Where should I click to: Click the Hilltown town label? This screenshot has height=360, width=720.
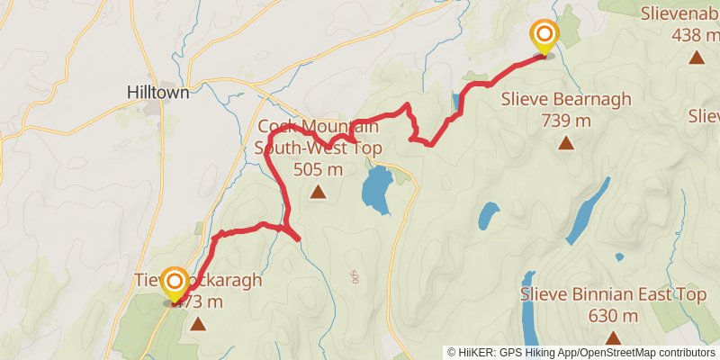click(x=158, y=91)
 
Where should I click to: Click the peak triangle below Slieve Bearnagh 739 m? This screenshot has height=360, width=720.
click(x=565, y=142)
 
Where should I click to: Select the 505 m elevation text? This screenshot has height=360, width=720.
click(x=318, y=168)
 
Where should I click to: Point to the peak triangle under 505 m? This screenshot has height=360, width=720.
click(x=318, y=191)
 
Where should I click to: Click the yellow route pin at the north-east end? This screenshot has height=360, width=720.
click(x=544, y=37)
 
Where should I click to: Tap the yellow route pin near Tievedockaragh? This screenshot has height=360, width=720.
click(x=174, y=284)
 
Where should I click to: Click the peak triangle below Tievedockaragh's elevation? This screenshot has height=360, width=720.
click(x=197, y=321)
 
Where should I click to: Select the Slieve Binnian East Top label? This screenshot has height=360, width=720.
click(x=613, y=295)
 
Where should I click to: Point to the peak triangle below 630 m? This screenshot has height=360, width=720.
click(x=613, y=337)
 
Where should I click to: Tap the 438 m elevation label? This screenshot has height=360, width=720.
click(x=696, y=35)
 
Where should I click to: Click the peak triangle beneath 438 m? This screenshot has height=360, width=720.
click(x=696, y=58)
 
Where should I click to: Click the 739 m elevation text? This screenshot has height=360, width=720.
click(x=565, y=120)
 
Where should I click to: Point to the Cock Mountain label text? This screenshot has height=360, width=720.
click(x=306, y=127)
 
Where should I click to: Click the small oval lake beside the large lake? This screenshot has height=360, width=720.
click(x=488, y=216)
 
